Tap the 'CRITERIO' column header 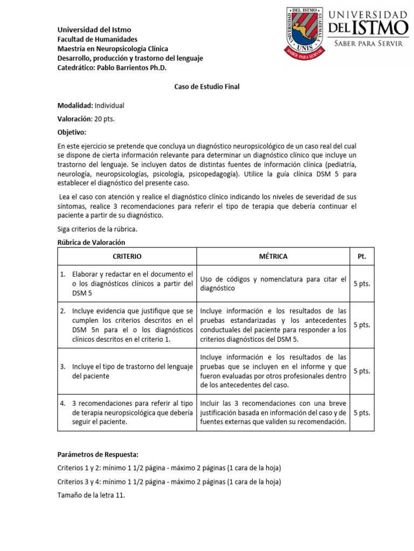[x=127, y=256]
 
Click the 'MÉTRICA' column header [x=273, y=256]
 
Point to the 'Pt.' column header [x=361, y=256]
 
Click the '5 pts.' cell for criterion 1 [x=361, y=284]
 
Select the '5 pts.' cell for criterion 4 [x=361, y=413]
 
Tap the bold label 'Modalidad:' [x=75, y=105]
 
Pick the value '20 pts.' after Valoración [x=105, y=119]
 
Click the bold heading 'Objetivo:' [x=72, y=132]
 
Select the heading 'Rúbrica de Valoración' [x=91, y=242]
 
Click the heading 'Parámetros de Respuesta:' [x=98, y=454]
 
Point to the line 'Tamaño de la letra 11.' [x=91, y=496]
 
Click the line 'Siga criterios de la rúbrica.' [x=98, y=229]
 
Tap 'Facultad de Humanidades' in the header [x=98, y=39]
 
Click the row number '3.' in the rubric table [x=63, y=366]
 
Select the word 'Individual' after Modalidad [x=109, y=105]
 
